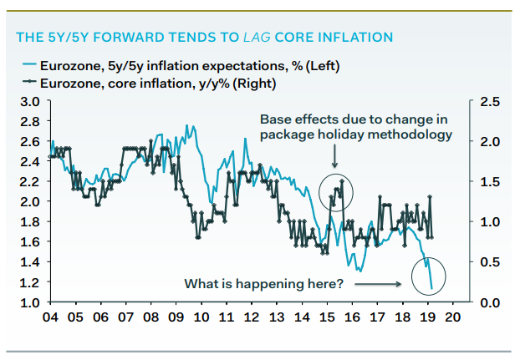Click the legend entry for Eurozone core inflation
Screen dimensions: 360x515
click(147, 82)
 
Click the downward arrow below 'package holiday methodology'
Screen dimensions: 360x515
click(335, 155)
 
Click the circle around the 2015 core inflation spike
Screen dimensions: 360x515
click(337, 192)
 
